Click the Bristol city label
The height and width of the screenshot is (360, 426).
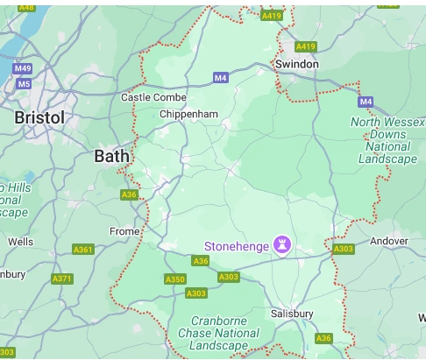click(x=39, y=117)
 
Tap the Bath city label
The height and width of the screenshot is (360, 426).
click(x=111, y=156)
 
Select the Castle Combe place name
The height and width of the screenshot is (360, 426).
click(x=153, y=97)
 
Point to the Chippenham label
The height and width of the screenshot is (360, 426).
click(x=188, y=114)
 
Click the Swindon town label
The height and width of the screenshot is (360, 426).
click(x=296, y=65)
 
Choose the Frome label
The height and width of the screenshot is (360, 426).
click(x=124, y=231)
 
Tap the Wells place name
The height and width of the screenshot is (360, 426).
click(x=20, y=241)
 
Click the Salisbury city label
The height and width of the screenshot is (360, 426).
click(x=292, y=314)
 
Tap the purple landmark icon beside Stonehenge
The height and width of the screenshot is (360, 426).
click(x=282, y=244)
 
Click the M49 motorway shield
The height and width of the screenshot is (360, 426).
click(x=22, y=68)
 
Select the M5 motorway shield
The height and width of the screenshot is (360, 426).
click(x=24, y=84)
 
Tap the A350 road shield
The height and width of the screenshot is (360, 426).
click(x=175, y=279)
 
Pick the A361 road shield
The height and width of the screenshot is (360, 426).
click(x=83, y=250)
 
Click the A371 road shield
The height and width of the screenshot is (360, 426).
click(x=62, y=279)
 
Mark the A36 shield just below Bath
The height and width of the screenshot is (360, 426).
click(x=129, y=194)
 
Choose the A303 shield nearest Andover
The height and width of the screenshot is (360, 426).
click(x=343, y=250)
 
